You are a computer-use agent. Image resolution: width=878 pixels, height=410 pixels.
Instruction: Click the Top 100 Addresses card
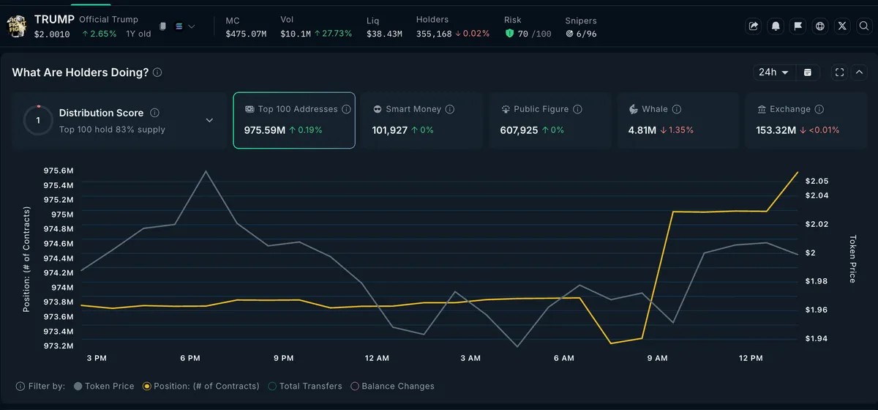pyautogui.click(x=294, y=121)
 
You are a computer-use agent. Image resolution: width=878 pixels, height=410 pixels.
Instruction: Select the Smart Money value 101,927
pyautogui.click(x=389, y=130)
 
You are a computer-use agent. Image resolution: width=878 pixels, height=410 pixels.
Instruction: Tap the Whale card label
pyautogui.click(x=655, y=109)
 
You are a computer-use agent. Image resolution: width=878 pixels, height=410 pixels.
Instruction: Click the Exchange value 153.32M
pyautogui.click(x=776, y=130)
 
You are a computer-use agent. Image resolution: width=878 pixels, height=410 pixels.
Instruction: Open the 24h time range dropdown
pyautogui.click(x=773, y=72)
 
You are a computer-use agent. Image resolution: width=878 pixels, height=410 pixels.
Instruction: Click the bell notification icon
pyautogui.click(x=776, y=26)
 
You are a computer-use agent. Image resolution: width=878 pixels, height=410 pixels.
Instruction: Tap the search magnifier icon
pyautogui.click(x=863, y=26)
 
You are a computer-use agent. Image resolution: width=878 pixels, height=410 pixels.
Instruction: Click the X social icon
pyautogui.click(x=842, y=26)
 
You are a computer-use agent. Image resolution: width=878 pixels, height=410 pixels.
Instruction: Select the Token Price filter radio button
pyautogui.click(x=78, y=386)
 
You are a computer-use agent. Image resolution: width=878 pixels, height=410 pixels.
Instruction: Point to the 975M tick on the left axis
pyautogui.click(x=62, y=215)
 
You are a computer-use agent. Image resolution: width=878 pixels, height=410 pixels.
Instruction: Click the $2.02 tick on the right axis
pyautogui.click(x=817, y=224)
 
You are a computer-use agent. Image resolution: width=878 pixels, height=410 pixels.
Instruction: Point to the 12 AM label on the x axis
pyautogui.click(x=377, y=358)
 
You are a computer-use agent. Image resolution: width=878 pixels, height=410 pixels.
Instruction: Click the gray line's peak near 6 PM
pyautogui.click(x=206, y=171)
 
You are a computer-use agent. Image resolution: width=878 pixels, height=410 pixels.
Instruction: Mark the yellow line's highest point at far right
pyautogui.click(x=798, y=172)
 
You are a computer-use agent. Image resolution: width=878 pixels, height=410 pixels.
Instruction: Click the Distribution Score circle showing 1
pyautogui.click(x=38, y=120)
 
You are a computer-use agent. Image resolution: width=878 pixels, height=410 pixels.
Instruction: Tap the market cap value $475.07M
pyautogui.click(x=246, y=34)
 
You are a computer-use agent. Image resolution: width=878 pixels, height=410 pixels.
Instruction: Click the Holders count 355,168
pyautogui.click(x=434, y=34)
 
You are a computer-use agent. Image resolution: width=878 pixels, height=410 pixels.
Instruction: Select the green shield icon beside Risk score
pyautogui.click(x=509, y=34)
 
